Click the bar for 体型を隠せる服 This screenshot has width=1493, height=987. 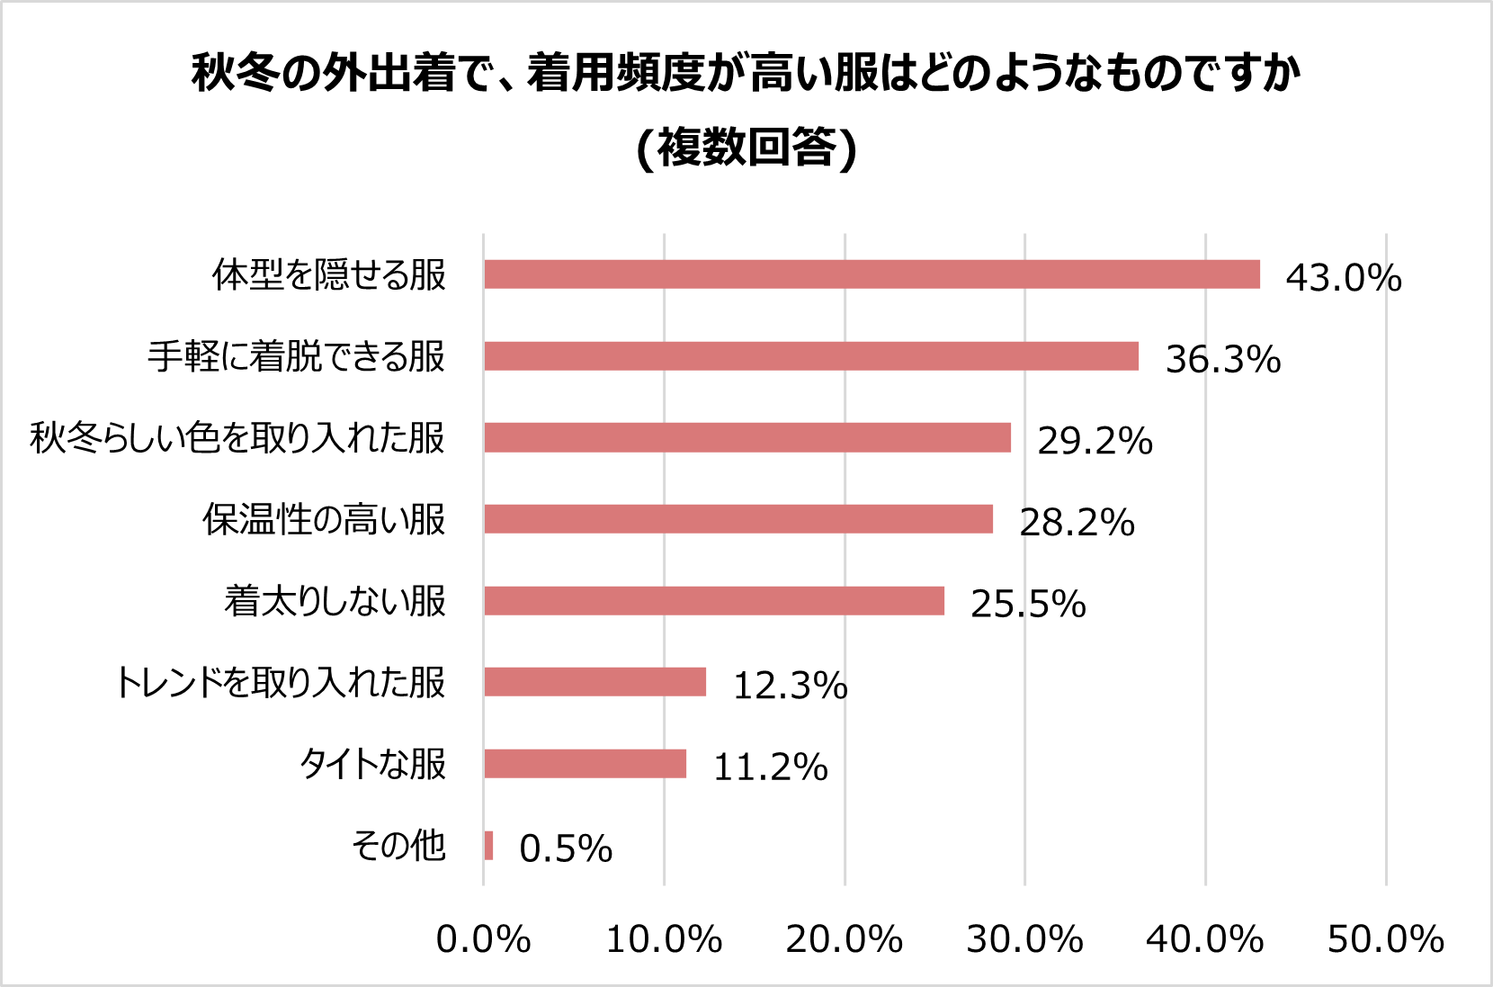(872, 274)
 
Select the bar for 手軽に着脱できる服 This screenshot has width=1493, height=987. (811, 356)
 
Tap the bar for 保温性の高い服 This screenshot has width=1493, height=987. (738, 519)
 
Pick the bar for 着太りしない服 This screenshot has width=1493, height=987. (714, 601)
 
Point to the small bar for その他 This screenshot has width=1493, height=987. (488, 846)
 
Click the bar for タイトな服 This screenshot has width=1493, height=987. (585, 764)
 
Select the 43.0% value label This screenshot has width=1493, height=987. (1343, 277)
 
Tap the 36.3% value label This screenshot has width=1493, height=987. (1222, 359)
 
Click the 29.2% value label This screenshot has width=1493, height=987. (1095, 441)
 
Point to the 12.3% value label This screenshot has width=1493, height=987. (790, 686)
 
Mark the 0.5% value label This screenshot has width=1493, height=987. (566, 848)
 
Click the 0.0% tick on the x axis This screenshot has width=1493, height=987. (483, 939)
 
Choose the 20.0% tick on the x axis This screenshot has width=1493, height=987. (844, 939)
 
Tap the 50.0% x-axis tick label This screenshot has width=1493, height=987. (1385, 939)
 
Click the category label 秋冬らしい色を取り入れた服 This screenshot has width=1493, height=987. (237, 438)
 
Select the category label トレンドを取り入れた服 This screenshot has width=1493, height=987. (280, 683)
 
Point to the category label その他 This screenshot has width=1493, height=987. (398, 846)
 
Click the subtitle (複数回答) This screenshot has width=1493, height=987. (746, 148)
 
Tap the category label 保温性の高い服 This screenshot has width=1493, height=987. (324, 519)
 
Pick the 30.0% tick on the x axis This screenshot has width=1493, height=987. (1024, 939)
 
